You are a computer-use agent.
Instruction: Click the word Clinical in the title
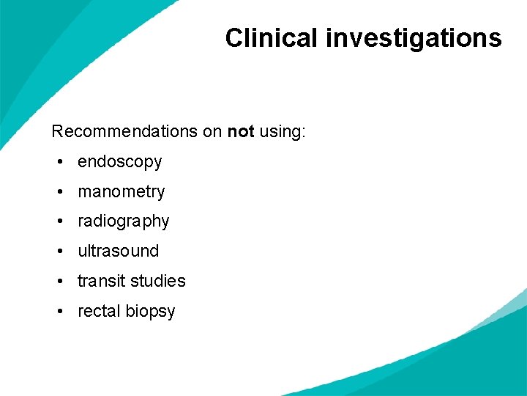coord(272,37)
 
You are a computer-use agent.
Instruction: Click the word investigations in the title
coord(414,37)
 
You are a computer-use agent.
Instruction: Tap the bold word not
coord(241,132)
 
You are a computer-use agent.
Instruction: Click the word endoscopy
coord(120,162)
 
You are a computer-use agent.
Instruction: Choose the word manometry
coord(122,192)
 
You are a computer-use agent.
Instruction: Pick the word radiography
coord(124,221)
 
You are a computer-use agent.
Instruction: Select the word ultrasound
coord(119,252)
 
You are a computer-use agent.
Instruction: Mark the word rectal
coord(99,311)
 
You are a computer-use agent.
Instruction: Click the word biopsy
coord(150,312)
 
